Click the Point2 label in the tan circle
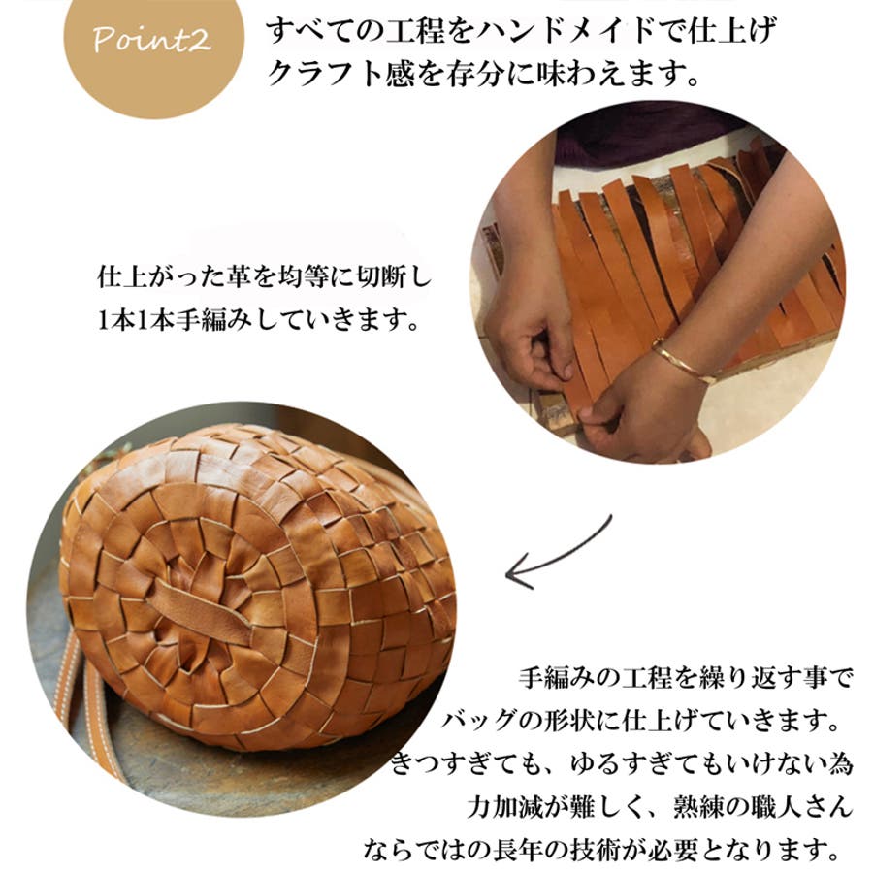point(151,40)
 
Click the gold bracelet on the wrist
point(682,361)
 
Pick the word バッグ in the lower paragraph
point(478,721)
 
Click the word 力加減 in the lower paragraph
point(504,806)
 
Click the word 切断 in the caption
point(379,276)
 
